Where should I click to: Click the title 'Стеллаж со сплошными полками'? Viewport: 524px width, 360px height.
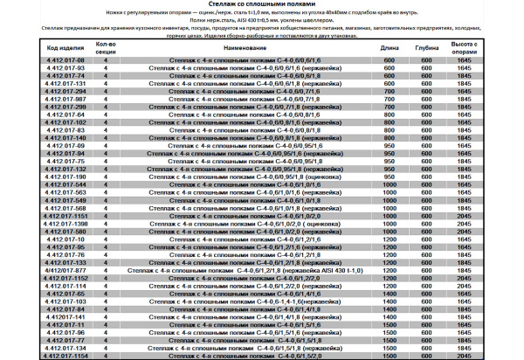(262, 5)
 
